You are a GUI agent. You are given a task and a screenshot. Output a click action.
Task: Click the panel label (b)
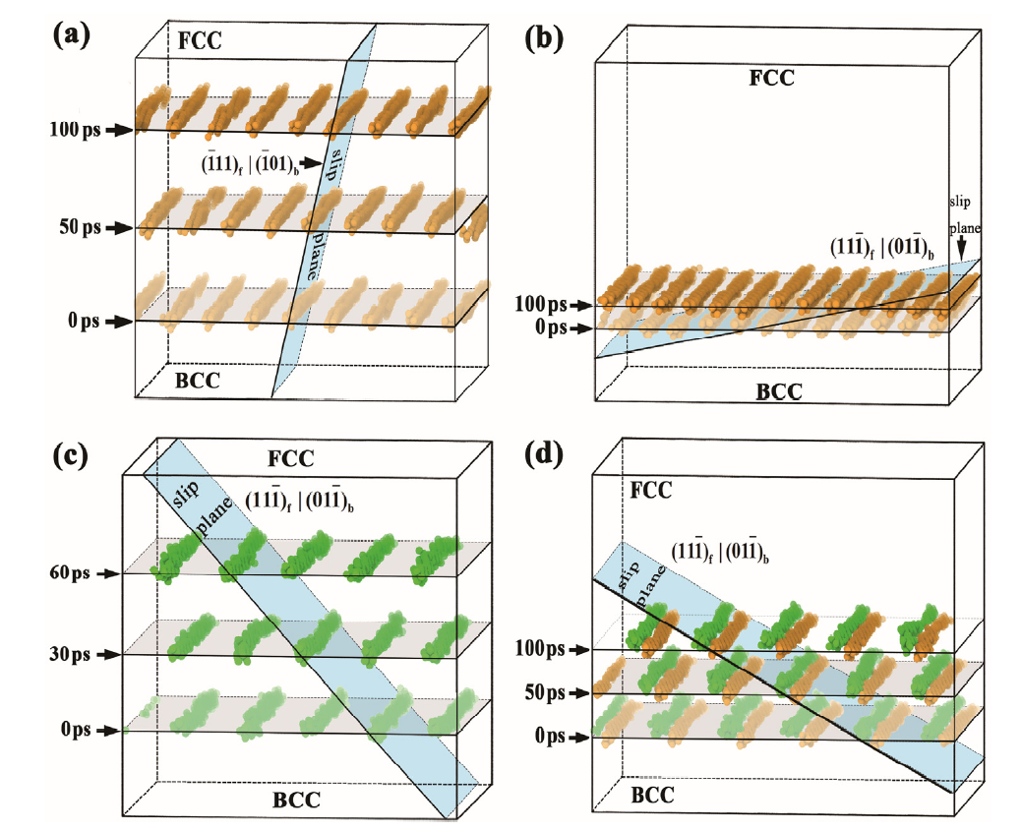coord(546,39)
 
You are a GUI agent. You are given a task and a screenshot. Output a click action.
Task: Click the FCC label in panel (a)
coord(201,42)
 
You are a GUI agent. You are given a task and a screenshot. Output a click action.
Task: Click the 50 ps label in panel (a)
coord(78,228)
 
